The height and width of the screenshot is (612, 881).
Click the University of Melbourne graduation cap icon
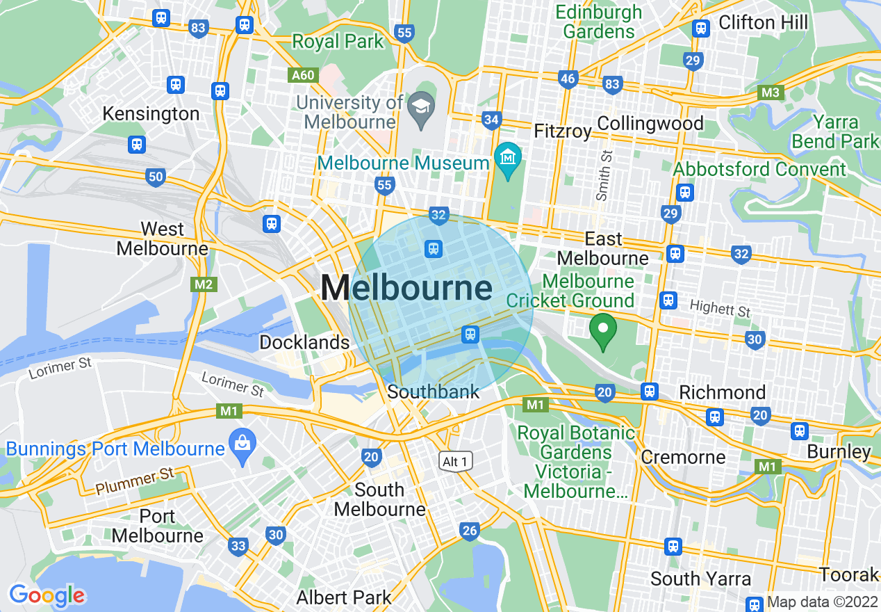(421, 106)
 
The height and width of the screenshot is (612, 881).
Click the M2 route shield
(204, 284)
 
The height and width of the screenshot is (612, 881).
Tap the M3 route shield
(771, 92)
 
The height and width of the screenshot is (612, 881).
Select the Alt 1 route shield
(456, 461)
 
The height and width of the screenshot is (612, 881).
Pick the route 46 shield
(568, 79)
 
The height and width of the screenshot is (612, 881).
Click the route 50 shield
(156, 177)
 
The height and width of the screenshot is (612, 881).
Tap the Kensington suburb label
(151, 113)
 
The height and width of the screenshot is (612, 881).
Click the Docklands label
(304, 342)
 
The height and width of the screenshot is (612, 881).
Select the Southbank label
(434, 392)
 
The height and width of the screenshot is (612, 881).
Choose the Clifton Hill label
(764, 22)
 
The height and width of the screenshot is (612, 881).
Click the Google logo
(47, 595)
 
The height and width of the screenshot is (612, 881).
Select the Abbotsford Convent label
(760, 169)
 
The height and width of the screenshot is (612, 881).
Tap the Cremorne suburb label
(683, 457)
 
